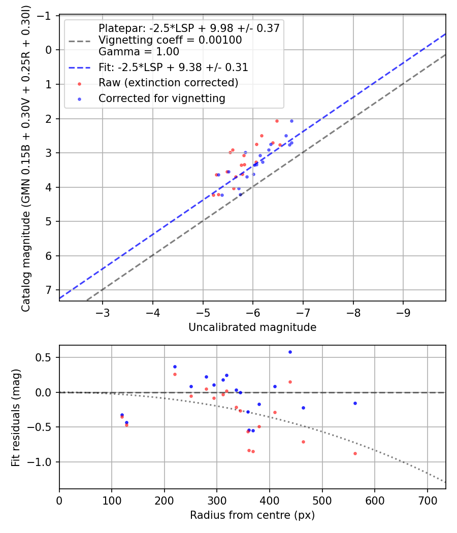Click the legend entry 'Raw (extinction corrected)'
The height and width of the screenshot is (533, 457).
(168, 82)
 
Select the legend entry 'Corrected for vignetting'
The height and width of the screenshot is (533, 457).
(161, 98)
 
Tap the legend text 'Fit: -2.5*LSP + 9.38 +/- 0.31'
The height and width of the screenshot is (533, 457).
(173, 67)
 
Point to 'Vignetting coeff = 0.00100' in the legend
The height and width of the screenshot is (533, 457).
(170, 40)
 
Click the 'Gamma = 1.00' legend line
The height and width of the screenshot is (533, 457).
(139, 51)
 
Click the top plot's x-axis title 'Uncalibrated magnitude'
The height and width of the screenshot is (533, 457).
(252, 327)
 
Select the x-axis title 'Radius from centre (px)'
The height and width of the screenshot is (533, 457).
(252, 515)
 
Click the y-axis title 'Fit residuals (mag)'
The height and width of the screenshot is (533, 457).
(15, 417)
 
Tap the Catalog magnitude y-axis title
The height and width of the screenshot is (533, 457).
(25, 158)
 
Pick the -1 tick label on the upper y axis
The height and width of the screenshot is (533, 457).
(46, 16)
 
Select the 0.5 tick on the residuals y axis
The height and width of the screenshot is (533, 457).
(46, 357)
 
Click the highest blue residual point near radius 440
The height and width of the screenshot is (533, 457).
(290, 352)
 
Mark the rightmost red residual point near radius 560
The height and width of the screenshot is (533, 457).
(355, 453)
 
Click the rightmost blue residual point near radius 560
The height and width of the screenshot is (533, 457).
(355, 403)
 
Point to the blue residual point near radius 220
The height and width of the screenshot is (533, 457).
(175, 367)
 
